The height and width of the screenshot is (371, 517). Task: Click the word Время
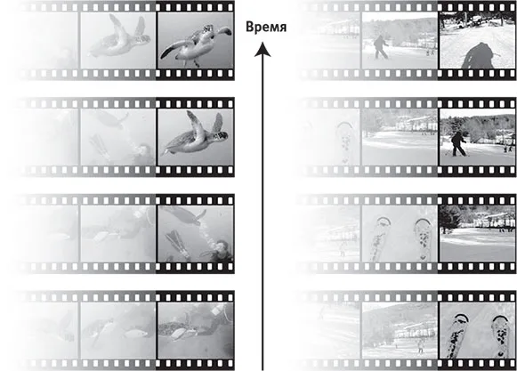[266, 27]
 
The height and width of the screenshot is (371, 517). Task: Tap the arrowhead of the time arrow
[263, 49]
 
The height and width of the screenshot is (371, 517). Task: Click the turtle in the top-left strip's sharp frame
[195, 44]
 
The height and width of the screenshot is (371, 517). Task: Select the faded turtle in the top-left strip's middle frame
[118, 36]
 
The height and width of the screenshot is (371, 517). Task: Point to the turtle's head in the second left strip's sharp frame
[221, 135]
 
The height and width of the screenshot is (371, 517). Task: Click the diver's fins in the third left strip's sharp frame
[178, 244]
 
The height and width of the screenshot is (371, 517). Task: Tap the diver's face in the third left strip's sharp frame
[222, 246]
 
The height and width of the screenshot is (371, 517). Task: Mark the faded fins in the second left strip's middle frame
[100, 146]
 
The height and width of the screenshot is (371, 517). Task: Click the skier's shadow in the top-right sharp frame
[478, 55]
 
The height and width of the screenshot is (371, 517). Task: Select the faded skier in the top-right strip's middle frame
[381, 47]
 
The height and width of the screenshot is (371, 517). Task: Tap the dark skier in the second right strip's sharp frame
[458, 144]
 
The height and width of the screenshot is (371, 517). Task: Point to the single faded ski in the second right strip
[345, 141]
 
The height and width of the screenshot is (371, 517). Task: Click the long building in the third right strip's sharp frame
[494, 220]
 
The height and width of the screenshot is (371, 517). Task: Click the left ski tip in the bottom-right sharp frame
[461, 319]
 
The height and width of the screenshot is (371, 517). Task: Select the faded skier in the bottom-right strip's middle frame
[420, 346]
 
